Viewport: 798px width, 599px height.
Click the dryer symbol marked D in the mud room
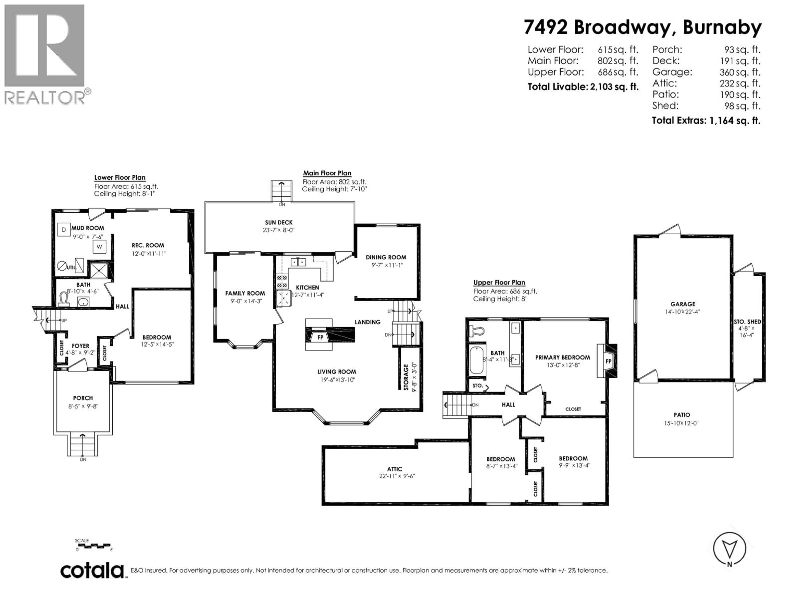(64, 230)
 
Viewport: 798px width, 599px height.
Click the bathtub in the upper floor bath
(477, 360)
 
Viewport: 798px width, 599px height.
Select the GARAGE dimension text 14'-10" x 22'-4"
(682, 312)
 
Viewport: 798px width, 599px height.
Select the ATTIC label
(395, 469)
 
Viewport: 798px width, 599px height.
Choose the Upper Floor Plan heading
(499, 283)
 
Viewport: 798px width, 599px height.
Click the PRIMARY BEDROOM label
(562, 358)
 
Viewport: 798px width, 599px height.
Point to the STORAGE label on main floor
(406, 377)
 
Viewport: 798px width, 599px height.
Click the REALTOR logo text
(45, 98)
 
